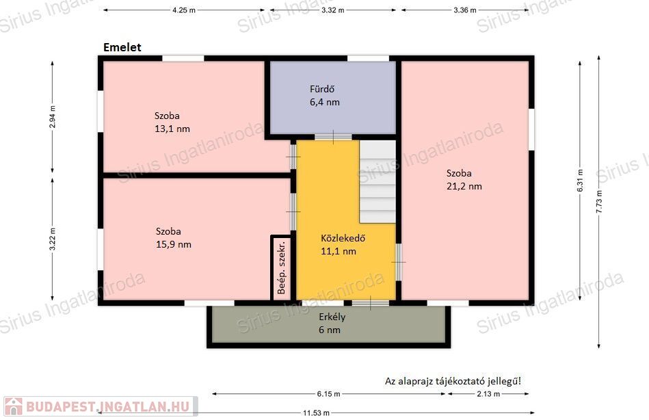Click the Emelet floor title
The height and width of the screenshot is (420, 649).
coord(122,47)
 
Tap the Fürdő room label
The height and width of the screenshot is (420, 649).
coord(322,89)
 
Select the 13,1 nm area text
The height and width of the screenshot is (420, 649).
coord(172,129)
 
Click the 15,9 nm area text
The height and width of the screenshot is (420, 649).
coord(174,244)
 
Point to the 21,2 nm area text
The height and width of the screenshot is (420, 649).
coord(464,186)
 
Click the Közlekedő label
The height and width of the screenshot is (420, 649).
coord(343,238)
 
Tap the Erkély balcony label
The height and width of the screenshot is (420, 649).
coord(332,317)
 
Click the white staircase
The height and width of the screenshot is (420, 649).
coord(378,182)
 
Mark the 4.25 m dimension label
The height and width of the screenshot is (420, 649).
coord(184,10)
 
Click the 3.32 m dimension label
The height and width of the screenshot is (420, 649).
coord(333,10)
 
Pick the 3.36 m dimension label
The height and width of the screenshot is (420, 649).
coord(465,10)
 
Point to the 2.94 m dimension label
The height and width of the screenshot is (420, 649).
coord(53,117)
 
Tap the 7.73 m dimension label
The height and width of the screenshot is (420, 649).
coord(599,202)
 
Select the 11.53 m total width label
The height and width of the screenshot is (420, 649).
coord(316,413)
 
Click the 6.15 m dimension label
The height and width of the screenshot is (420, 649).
coord(329,394)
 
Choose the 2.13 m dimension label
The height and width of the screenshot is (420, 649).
coord(488,394)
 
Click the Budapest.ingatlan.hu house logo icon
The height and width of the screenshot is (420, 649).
coord(13,406)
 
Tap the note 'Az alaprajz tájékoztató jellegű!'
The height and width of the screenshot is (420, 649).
coord(453,381)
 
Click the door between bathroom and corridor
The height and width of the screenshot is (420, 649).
coord(333,137)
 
